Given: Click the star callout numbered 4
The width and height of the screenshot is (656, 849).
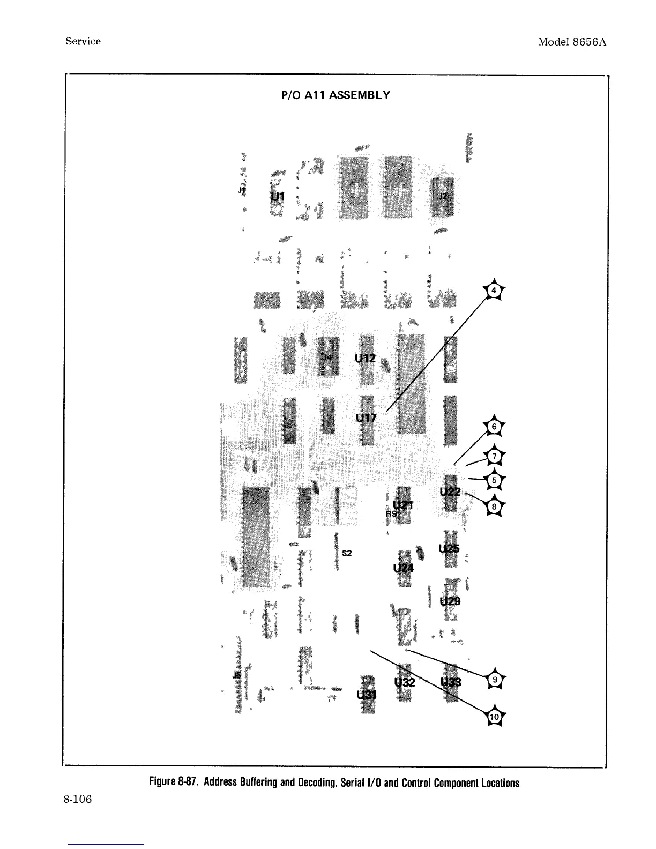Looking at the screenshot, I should tap(495, 291).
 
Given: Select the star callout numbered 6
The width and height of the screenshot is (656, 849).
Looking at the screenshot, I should tap(495, 427).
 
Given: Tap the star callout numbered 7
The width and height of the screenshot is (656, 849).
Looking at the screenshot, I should tap(495, 456).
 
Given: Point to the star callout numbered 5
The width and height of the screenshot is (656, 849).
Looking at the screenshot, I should tap(495, 480).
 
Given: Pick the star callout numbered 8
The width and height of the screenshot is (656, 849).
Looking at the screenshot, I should tap(495, 505).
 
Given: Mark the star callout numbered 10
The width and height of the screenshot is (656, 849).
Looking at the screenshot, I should tap(495, 717).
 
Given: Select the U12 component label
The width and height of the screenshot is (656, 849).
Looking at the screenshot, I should tap(365, 358).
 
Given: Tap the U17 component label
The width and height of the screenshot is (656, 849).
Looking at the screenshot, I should tap(367, 418).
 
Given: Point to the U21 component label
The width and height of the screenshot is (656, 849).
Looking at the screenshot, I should tap(403, 504).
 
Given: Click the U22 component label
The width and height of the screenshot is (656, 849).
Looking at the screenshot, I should tap(450, 491).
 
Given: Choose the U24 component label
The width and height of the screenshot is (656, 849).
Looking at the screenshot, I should tap(404, 568).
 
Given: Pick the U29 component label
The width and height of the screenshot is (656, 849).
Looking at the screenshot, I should tap(450, 601).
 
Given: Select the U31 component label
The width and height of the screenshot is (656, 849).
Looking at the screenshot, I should tap(367, 695).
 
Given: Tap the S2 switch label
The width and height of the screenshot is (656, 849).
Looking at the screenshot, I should tap(347, 553).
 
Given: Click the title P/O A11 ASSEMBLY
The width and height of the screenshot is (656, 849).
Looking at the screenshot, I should tap(336, 95).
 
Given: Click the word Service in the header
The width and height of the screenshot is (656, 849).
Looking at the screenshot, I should tap(83, 41).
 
